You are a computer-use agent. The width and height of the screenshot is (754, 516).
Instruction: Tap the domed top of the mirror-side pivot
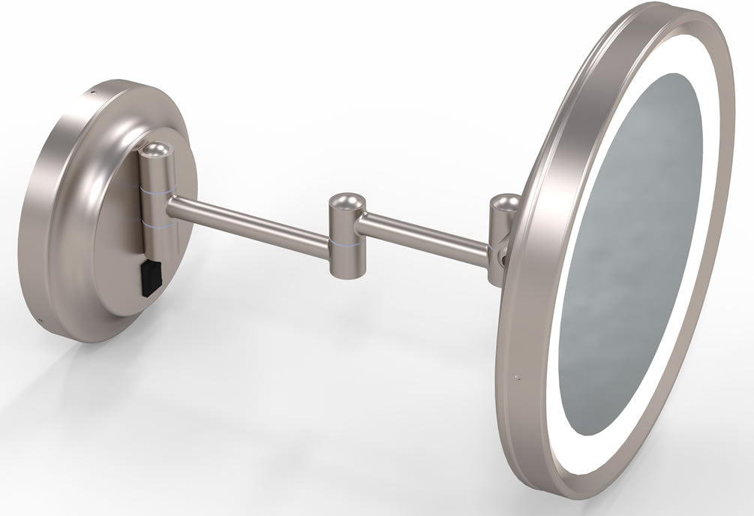[x=503, y=203]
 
